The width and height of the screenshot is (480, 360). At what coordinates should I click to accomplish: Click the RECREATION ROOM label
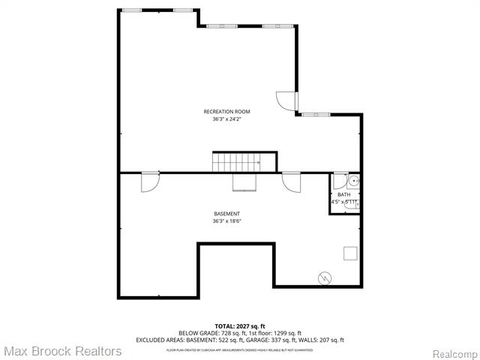tap(226, 112)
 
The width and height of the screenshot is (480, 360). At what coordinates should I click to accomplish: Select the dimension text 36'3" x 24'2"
tap(226, 118)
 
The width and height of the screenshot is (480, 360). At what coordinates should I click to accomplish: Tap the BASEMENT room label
tap(226, 214)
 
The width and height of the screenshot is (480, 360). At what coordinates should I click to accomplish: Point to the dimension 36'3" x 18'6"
tap(226, 221)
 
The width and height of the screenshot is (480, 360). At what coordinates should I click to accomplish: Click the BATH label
tap(343, 195)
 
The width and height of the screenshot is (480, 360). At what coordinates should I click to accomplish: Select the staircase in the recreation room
tap(236, 161)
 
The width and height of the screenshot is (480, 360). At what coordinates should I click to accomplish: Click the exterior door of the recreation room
tap(287, 101)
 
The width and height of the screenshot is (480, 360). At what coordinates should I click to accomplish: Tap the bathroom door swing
tap(340, 181)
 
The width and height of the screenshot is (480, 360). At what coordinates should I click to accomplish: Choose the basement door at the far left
tap(149, 181)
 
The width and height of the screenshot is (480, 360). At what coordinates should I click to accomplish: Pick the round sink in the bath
tap(354, 181)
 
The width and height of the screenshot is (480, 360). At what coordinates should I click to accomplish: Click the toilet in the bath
tap(355, 202)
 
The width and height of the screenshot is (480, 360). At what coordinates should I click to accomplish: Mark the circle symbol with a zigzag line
tap(325, 277)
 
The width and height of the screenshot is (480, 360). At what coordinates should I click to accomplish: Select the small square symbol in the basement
tap(350, 253)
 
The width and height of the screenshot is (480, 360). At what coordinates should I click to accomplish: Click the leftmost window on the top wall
tap(132, 10)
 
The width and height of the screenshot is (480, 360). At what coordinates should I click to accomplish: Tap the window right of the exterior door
tap(313, 114)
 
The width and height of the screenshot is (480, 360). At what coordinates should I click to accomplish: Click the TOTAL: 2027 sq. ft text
tap(239, 326)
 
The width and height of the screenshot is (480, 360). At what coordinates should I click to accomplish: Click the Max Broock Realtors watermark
tap(61, 351)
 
